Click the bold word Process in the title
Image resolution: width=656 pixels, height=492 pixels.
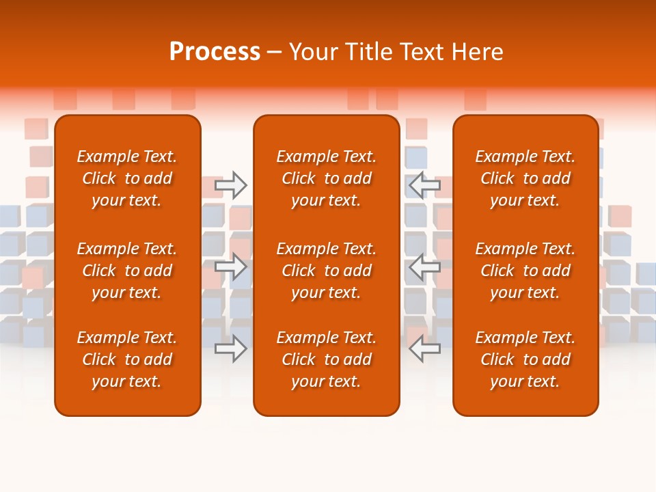pos(215,52)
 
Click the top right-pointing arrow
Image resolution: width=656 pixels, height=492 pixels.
pos(231,184)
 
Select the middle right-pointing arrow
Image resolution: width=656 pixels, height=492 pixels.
pos(231,266)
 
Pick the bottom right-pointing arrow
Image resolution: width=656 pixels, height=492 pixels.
pos(231,348)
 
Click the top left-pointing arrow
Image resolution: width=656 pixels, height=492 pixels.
pos(424,184)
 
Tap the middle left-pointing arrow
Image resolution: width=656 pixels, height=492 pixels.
pos(424,266)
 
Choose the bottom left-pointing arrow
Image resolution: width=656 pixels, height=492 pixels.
pos(424,348)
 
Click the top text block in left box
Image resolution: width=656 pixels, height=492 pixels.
pos(127,178)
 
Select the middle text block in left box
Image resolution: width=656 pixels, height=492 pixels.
pos(127,271)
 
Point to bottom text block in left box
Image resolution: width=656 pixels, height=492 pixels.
pos(127,359)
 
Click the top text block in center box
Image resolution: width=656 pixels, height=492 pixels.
pos(326,178)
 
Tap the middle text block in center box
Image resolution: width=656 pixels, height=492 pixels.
pos(326,271)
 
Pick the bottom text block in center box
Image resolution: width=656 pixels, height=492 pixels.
pos(326,359)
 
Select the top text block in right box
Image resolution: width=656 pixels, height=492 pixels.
pos(525,178)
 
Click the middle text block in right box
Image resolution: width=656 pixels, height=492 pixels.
pos(525,271)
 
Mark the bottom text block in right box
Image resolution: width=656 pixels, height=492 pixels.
pos(525,359)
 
